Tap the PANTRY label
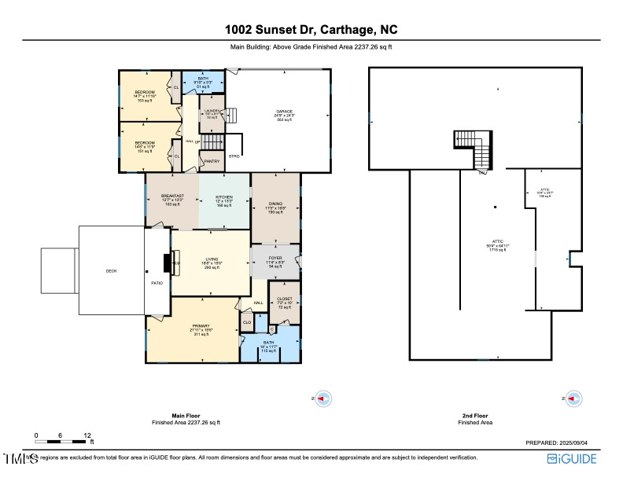[212, 161]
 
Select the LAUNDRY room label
[212, 111]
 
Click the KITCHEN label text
[224, 196]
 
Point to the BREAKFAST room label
[172, 196]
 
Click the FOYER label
[275, 258]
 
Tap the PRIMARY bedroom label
[192, 326]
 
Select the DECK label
[111, 271]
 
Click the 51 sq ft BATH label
[204, 79]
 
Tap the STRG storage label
[234, 156]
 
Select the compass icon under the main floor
[323, 399]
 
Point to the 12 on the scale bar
[87, 435]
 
